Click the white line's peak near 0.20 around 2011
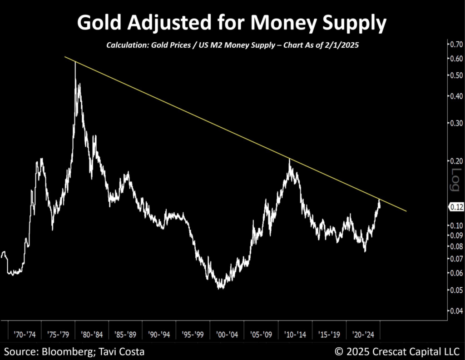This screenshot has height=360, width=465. tap(289, 159)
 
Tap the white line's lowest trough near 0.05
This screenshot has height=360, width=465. tap(221, 288)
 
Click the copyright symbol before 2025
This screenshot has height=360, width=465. tap(339, 351)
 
